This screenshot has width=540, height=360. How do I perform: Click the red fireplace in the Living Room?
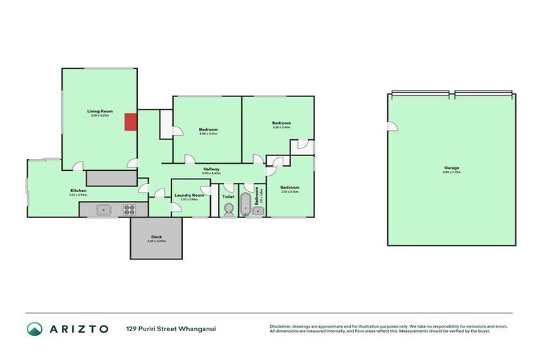[130, 122]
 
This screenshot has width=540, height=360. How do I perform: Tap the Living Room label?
[100, 111]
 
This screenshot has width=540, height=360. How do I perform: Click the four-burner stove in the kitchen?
[129, 208]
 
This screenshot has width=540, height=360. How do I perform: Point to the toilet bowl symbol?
[229, 208]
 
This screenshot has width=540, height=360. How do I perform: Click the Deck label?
[156, 237]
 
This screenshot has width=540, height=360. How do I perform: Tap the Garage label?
[451, 167]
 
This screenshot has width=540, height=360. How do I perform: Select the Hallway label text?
[212, 169]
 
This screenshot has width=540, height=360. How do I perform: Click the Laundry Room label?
[189, 195]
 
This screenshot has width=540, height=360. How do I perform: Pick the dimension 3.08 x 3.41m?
[208, 134]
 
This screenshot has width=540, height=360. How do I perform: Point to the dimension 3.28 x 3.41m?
[281, 127]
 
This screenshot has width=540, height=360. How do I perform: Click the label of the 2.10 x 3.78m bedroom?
[290, 187]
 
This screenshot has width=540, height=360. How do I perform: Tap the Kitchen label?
[78, 191]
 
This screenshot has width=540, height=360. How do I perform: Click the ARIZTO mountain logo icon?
[34, 328]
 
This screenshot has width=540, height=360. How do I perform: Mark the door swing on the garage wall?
[392, 126]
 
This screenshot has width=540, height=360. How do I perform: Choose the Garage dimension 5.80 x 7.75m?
[451, 172]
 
